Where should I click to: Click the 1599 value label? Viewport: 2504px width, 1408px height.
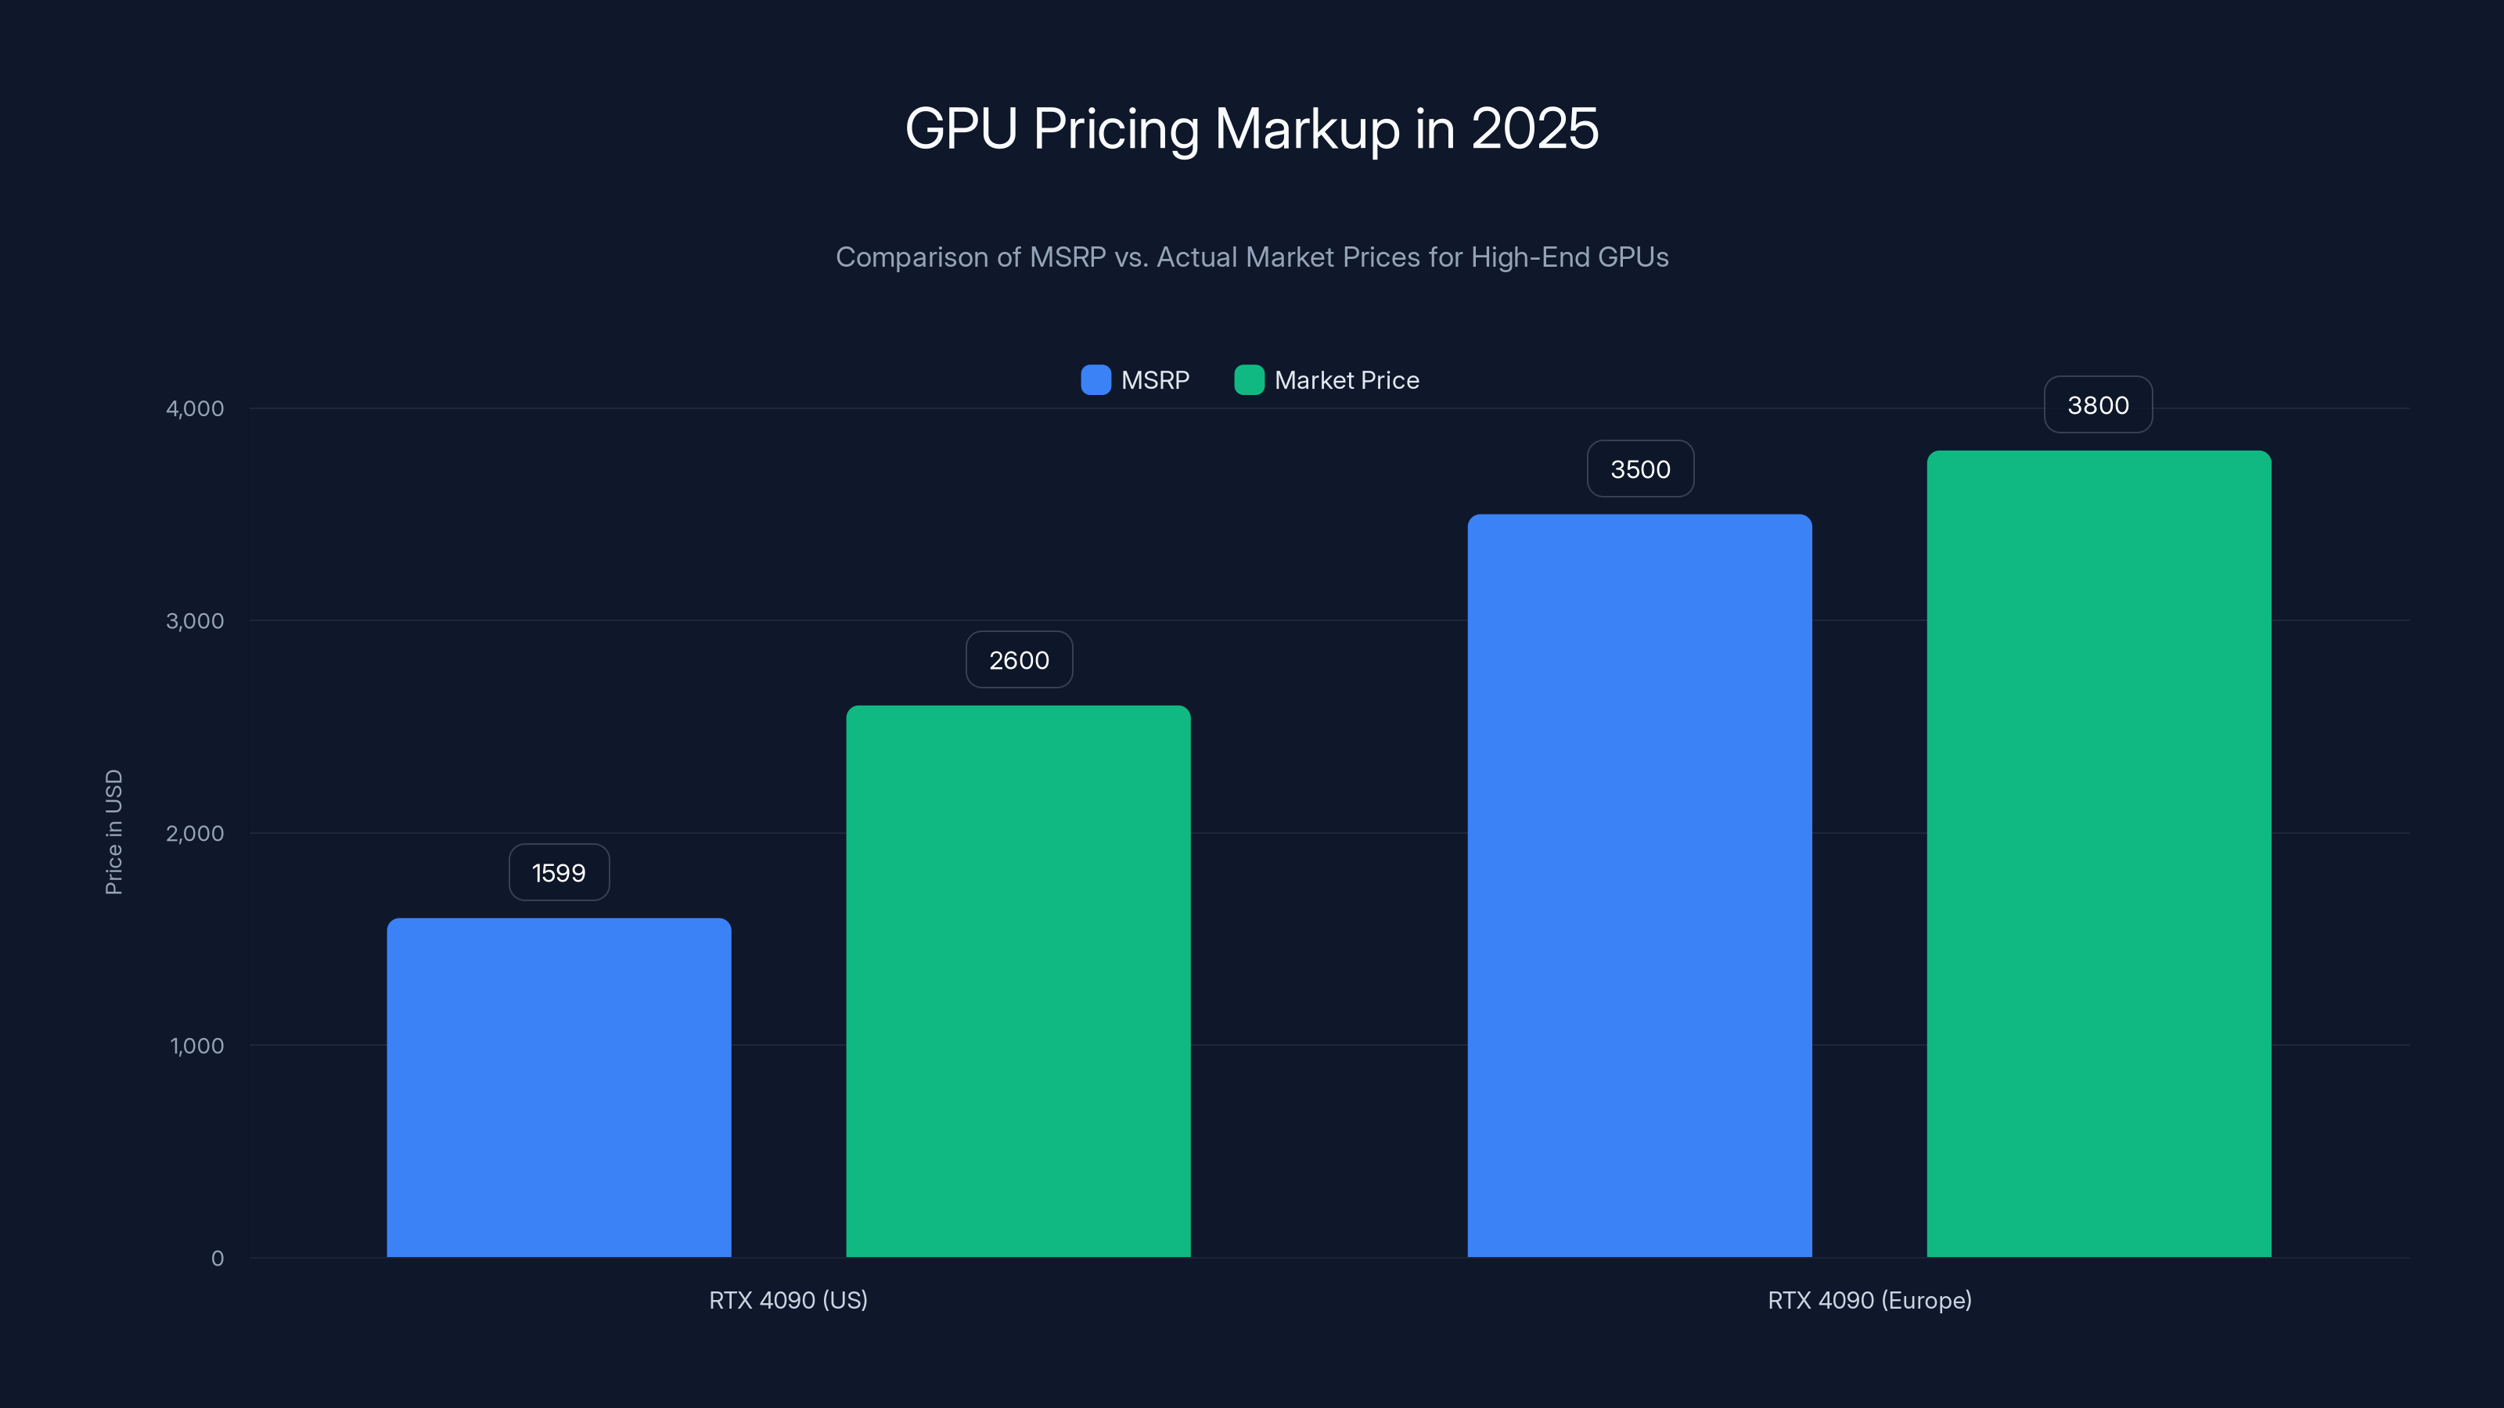point(559,873)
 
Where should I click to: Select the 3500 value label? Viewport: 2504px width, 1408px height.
point(1640,469)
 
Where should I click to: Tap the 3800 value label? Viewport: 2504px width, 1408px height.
point(2098,405)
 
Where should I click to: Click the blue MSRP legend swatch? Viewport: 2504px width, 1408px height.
point(1095,380)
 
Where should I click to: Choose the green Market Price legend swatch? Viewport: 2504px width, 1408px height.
point(1249,380)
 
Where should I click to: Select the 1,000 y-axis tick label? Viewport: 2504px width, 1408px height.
point(196,1046)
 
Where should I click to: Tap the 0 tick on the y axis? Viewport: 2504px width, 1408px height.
point(218,1259)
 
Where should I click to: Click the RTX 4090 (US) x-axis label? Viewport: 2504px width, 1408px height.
point(787,1300)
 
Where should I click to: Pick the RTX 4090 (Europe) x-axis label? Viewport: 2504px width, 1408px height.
point(1869,1300)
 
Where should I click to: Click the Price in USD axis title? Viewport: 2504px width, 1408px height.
point(113,832)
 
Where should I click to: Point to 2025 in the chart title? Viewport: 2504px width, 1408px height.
point(1534,128)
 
